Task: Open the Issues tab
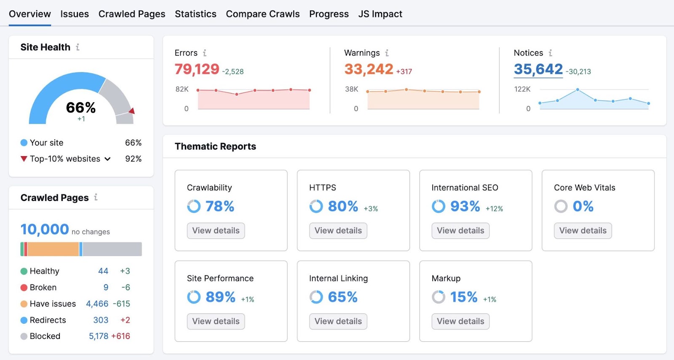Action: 75,14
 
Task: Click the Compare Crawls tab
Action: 262,14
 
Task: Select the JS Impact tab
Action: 380,14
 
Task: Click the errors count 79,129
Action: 197,69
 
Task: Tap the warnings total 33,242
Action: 369,69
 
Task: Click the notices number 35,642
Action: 538,69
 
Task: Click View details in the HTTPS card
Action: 338,231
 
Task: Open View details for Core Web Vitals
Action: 583,231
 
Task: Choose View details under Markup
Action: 460,321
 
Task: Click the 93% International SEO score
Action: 465,206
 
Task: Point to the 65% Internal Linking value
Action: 342,297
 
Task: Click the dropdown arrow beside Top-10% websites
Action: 107,159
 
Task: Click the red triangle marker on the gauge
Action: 132,111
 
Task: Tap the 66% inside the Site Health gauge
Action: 81,108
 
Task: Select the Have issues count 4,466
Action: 97,304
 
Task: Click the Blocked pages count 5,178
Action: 99,336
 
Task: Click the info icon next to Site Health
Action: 78,47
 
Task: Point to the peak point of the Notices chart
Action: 578,90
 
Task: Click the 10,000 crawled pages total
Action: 45,229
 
